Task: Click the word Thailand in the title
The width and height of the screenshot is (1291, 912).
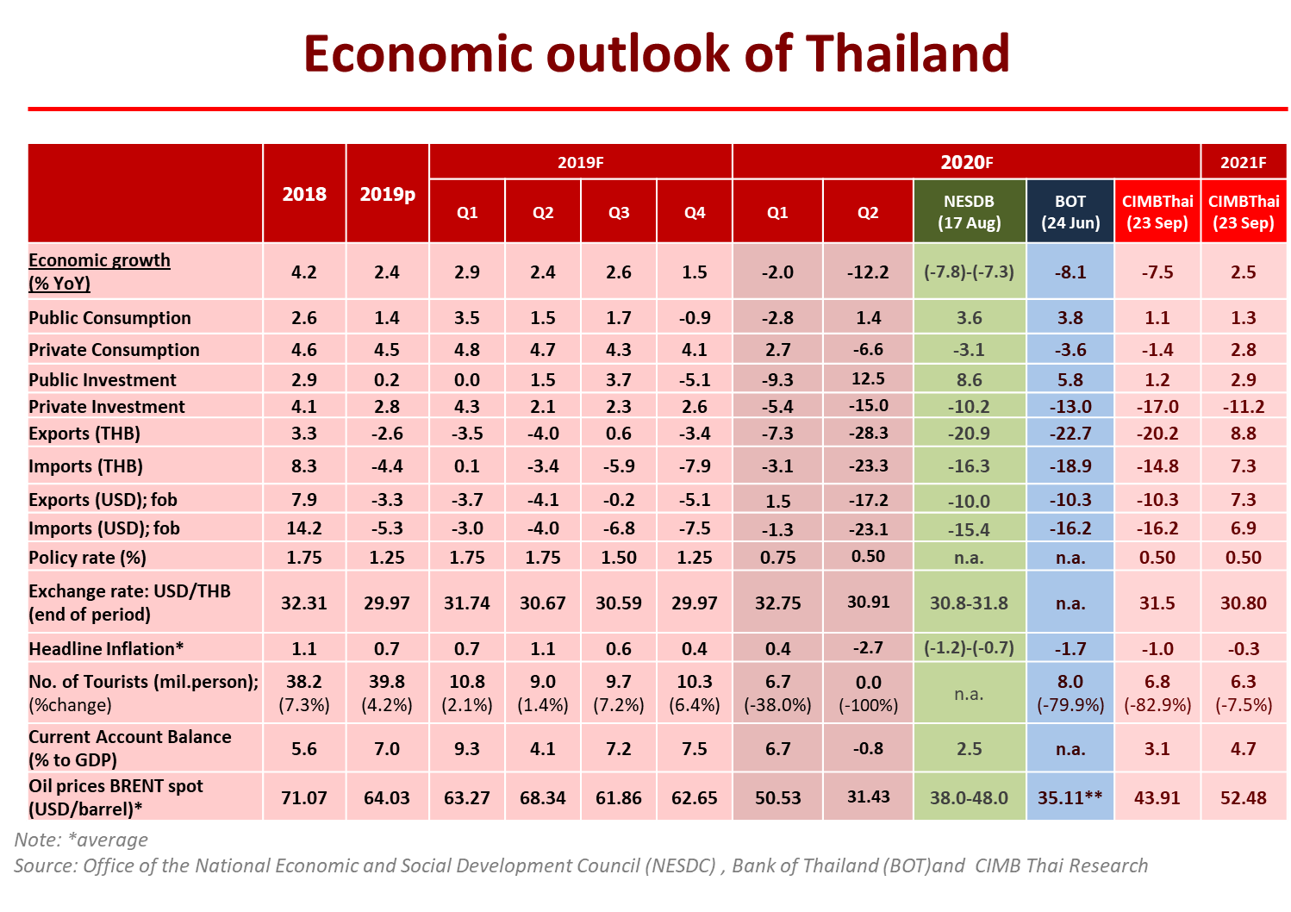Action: point(907,53)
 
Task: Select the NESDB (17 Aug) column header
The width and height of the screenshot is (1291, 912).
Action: point(969,212)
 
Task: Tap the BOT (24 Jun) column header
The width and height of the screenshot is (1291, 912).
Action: point(1070,212)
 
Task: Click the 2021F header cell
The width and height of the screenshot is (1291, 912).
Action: point(1243,162)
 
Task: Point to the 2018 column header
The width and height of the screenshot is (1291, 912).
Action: point(304,194)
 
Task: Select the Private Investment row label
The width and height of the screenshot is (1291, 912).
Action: point(106,407)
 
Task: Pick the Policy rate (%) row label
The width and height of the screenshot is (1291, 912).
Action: point(87,558)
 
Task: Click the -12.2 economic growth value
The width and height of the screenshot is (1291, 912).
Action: point(868,272)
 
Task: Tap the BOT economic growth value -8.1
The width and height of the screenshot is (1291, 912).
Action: point(1070,272)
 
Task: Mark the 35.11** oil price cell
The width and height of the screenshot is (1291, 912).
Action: point(1070,797)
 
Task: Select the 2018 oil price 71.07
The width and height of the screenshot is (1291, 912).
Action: point(304,797)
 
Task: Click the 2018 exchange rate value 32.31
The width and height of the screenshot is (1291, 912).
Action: point(304,603)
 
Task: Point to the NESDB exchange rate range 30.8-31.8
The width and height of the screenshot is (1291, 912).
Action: point(969,603)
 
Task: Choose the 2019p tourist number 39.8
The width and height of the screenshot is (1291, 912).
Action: point(387,682)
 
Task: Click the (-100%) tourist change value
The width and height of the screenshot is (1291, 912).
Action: point(868,705)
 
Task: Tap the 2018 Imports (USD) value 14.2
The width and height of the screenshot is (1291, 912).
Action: point(304,528)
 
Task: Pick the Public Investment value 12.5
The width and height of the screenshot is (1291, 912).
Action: point(868,379)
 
